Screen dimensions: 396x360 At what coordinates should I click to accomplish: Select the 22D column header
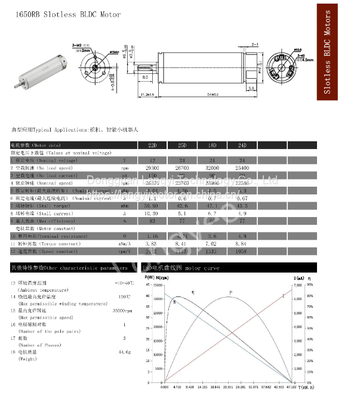(x=152, y=145)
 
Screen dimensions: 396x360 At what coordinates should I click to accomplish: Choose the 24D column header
(x=242, y=145)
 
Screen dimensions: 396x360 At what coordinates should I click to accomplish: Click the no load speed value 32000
(x=212, y=168)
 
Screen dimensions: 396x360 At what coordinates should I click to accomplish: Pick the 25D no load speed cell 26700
(x=182, y=168)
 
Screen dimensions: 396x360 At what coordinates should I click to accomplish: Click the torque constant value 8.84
(x=242, y=243)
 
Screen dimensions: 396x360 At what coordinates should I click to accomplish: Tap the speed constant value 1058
(x=242, y=251)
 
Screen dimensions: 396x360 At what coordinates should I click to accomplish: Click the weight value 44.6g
(x=124, y=352)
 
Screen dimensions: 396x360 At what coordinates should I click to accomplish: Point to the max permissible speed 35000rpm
(x=122, y=311)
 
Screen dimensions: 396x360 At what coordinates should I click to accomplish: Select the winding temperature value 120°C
(x=124, y=296)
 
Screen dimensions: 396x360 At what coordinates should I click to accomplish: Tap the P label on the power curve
(x=230, y=292)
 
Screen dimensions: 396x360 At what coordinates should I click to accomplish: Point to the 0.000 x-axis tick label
(x=164, y=387)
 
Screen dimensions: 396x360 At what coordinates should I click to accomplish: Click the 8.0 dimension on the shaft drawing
(x=145, y=78)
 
